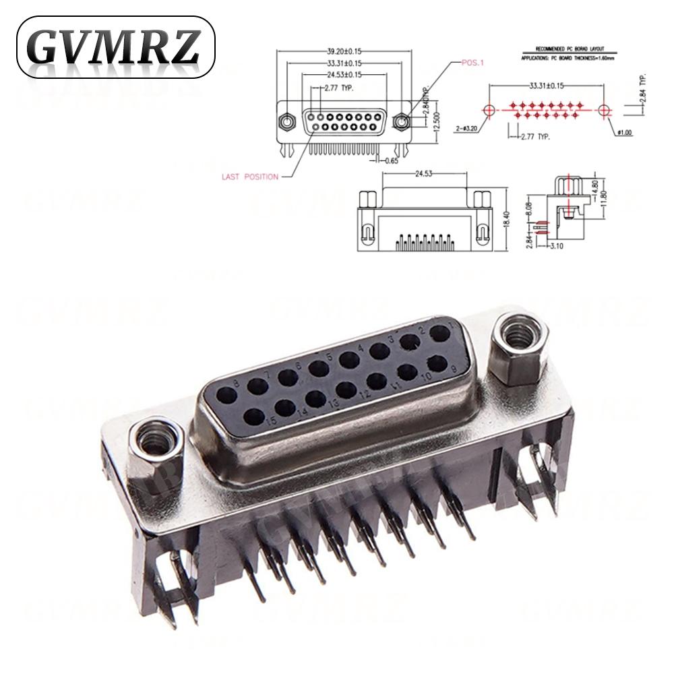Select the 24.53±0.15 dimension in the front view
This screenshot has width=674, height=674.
point(343,74)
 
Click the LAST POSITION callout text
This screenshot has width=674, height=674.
point(249,177)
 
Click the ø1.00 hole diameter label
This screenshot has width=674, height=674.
point(626,133)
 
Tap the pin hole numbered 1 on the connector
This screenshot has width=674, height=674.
point(441,332)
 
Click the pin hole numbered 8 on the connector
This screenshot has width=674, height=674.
point(255,386)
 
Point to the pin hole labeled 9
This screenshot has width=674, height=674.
point(437,364)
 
